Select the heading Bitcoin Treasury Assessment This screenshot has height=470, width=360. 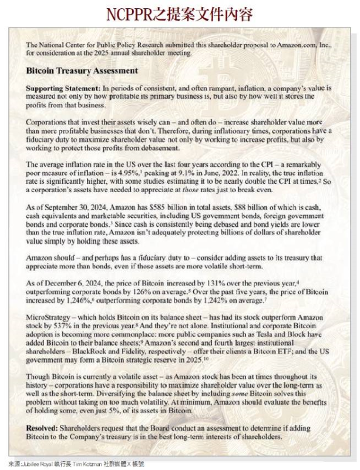point(82,70)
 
